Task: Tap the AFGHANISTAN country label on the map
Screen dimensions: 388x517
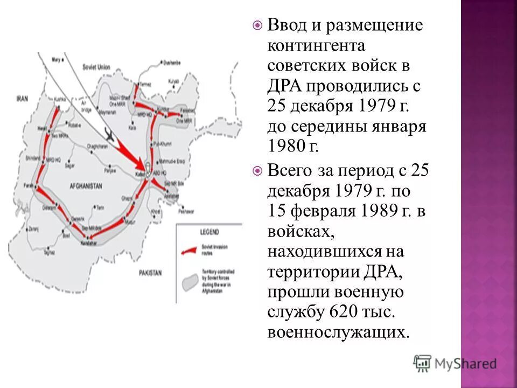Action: pos(86,185)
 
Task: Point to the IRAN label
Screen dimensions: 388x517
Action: pos(22,99)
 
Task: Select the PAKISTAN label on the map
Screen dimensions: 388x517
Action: pos(150,273)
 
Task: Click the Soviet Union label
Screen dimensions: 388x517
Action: pos(96,67)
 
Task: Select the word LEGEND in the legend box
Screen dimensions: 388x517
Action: pos(209,232)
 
